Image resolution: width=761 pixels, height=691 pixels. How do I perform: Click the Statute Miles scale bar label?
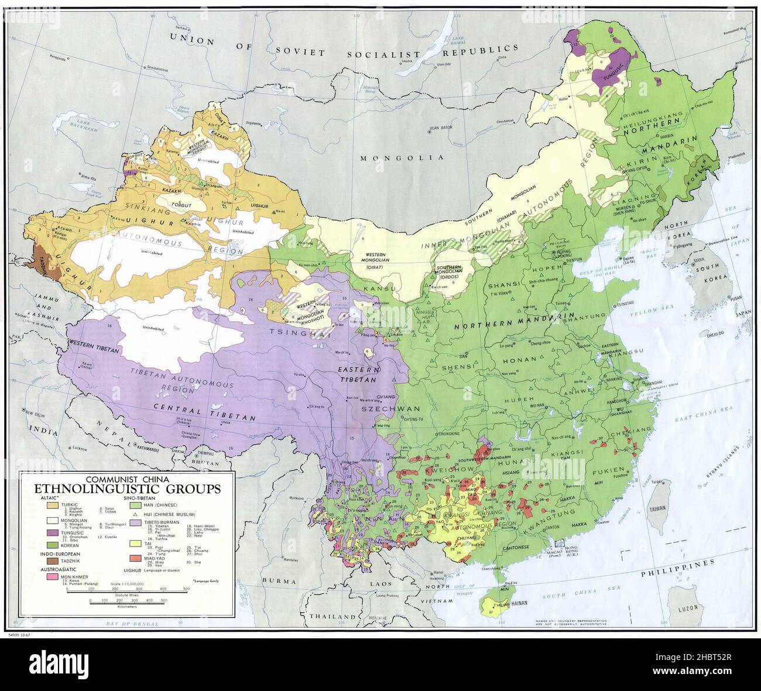tap(126, 593)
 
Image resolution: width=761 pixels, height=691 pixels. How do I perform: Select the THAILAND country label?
tap(333, 617)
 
